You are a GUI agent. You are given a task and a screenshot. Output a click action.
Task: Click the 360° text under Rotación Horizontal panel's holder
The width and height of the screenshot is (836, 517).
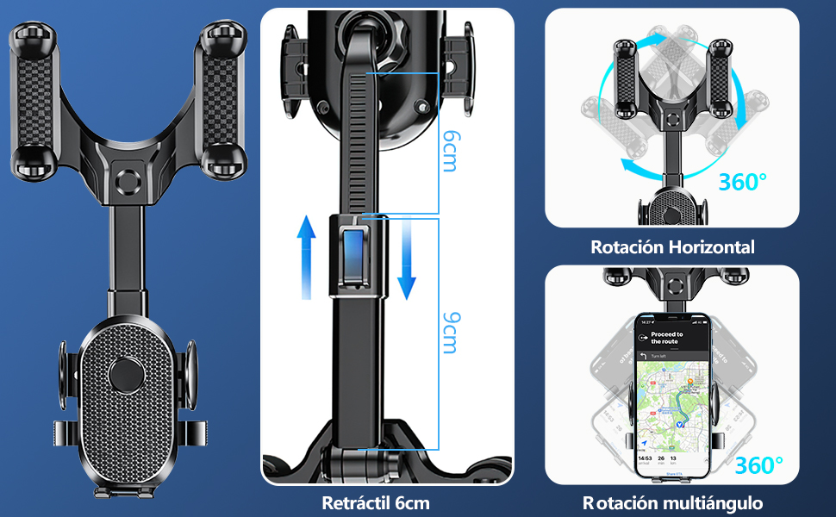pos(742,183)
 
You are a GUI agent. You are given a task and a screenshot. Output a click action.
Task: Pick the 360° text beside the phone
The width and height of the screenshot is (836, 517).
pos(759,466)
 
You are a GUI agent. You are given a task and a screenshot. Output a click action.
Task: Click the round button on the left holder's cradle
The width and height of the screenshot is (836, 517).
pos(126,374)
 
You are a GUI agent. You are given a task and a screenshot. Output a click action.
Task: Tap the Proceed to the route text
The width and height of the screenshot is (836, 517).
pos(667,338)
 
